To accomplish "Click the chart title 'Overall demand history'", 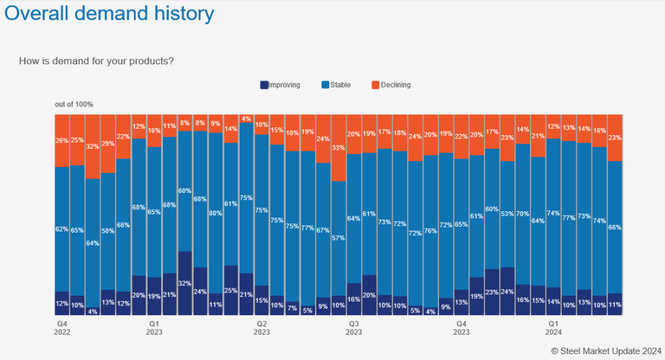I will (x=110, y=13).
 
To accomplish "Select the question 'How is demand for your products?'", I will (x=97, y=61).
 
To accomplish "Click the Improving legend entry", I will (x=279, y=85).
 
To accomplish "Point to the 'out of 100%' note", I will (x=74, y=104).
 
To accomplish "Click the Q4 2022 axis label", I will (x=62, y=328).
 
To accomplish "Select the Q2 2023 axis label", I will (x=262, y=328).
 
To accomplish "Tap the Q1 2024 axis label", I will (x=553, y=328).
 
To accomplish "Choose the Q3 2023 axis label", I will (x=354, y=328).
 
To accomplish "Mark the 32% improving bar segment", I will (x=185, y=283).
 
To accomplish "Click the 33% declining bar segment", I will (x=339, y=148).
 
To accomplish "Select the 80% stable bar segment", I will (x=216, y=212).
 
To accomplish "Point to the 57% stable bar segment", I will (x=339, y=238).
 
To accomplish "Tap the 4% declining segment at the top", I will (x=246, y=118).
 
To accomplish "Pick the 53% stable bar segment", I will (x=508, y=214).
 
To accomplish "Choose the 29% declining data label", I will (x=108, y=143).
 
